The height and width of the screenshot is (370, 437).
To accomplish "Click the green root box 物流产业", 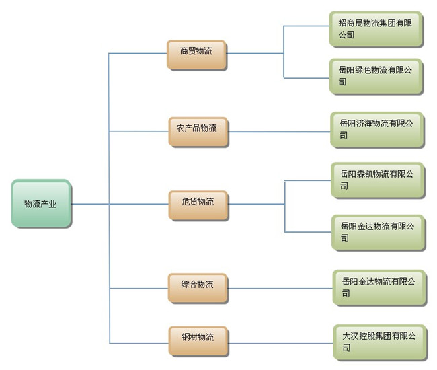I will pyautogui.click(x=40, y=202).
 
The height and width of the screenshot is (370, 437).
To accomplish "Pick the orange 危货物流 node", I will pyautogui.click(x=198, y=202).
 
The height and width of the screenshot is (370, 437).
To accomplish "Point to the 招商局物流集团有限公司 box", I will pyautogui.click(x=376, y=29).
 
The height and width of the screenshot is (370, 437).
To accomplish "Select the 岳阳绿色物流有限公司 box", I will pyautogui.click(x=376, y=75).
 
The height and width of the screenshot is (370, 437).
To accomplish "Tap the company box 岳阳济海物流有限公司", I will pyautogui.click(x=376, y=129).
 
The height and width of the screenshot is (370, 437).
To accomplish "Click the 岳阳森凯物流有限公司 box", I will pyautogui.click(x=377, y=180).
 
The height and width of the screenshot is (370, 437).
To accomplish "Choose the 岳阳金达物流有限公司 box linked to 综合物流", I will pyautogui.click(x=379, y=287).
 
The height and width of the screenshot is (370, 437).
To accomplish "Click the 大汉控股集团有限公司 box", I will pyautogui.click(x=379, y=340).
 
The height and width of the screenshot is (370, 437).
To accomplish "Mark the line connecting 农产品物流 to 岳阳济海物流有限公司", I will pyautogui.click(x=279, y=130).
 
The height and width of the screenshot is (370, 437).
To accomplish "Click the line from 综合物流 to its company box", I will pyautogui.click(x=281, y=288).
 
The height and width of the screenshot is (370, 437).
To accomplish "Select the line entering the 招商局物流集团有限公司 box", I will pyautogui.click(x=307, y=26).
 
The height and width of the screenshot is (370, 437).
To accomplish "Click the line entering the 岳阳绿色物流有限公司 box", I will pyautogui.click(x=307, y=77).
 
